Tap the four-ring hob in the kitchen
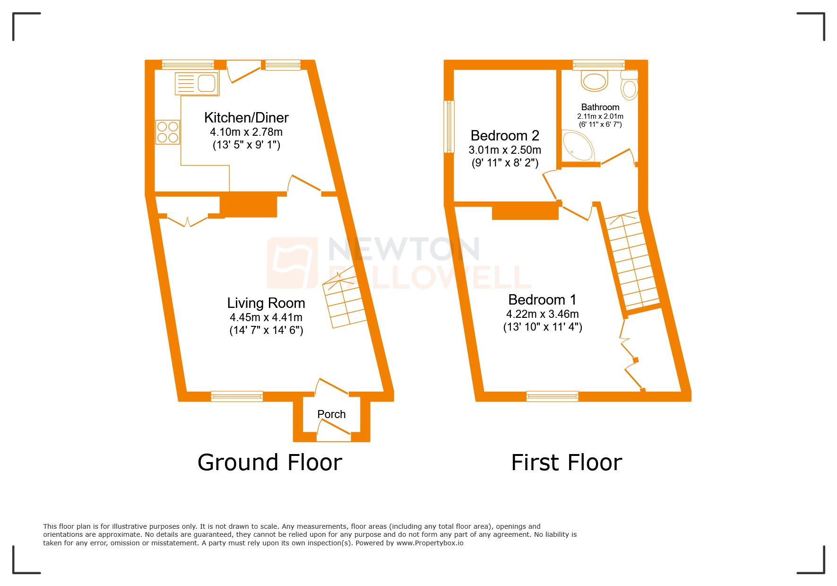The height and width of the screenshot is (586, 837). [x=168, y=132]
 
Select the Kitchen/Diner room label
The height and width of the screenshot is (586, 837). [x=246, y=118]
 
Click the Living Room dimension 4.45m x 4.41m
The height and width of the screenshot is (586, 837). [x=266, y=317]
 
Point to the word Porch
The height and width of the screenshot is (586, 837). [x=331, y=414]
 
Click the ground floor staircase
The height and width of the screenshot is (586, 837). [x=345, y=303]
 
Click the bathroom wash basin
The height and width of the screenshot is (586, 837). [x=595, y=81]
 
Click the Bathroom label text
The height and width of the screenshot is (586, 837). [x=600, y=107]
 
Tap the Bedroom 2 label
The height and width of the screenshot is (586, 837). [x=505, y=136]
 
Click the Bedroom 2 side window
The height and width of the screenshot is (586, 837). [x=449, y=126]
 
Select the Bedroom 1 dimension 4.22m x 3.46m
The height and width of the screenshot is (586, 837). [x=543, y=314]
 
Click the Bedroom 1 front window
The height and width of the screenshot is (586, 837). [x=552, y=396]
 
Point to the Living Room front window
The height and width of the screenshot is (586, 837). [x=237, y=396]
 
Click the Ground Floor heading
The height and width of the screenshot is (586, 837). [x=270, y=463]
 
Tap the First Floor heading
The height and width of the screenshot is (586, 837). [x=567, y=463]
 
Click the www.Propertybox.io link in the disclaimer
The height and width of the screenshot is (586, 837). [x=430, y=543]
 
